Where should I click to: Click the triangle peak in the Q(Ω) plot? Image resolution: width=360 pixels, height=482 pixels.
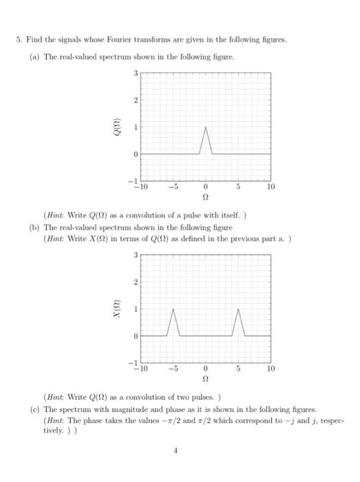(x=205, y=127)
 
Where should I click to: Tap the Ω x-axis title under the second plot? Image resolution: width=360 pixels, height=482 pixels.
(x=205, y=378)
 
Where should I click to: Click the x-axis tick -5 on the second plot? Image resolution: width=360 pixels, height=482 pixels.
(x=173, y=369)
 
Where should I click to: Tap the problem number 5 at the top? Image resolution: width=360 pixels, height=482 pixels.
(x=19, y=40)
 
